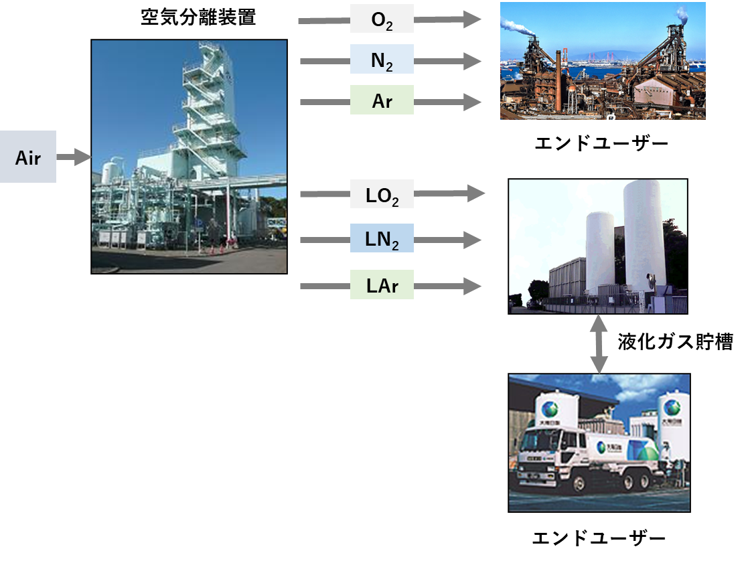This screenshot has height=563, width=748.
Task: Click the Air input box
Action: click(x=27, y=157)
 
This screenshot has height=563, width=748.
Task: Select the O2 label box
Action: click(x=382, y=19)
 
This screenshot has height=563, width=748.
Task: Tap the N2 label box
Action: click(x=382, y=60)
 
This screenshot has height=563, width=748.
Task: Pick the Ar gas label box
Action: click(x=382, y=100)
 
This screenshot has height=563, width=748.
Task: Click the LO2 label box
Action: click(x=382, y=194)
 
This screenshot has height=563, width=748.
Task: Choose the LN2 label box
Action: click(x=382, y=238)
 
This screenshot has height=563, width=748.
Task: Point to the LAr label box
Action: click(x=382, y=285)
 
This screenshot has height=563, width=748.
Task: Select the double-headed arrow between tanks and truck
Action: click(x=599, y=344)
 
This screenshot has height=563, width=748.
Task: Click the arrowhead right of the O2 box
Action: click(x=473, y=19)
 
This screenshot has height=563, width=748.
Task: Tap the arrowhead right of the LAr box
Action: click(x=473, y=287)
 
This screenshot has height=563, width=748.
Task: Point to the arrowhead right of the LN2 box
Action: click(x=473, y=240)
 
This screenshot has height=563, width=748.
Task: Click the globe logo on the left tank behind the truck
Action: click(x=550, y=408)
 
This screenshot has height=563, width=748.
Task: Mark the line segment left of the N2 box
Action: click(x=325, y=62)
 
